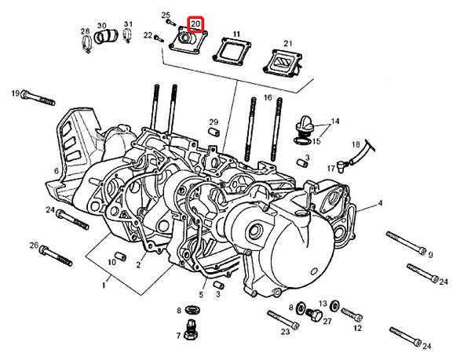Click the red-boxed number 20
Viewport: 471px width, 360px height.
195,24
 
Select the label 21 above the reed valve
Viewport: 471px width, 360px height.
287,42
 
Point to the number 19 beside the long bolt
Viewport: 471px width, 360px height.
15,94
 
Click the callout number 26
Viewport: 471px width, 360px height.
34,245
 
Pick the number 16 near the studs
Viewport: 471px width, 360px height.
268,98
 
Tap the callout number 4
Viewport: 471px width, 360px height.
380,204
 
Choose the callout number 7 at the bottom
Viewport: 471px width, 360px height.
179,336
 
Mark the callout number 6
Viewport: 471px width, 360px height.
56,171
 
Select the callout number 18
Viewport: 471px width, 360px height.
355,144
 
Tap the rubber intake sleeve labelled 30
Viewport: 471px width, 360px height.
108,38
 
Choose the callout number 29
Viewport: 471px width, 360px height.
213,122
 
